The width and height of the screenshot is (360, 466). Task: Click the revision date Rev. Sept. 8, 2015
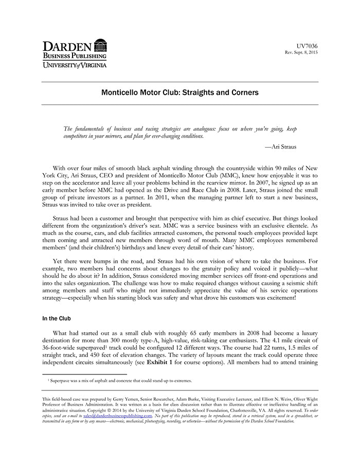pyautogui.click(x=301, y=53)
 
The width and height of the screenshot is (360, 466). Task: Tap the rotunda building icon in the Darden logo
pyautogui.click(x=100, y=45)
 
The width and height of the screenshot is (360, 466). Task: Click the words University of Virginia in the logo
pyautogui.click(x=75, y=65)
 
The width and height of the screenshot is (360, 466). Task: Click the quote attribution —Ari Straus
pyautogui.click(x=280, y=147)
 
